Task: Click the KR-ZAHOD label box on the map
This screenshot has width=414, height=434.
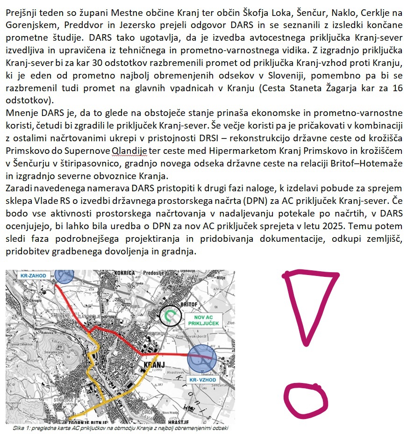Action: (32, 275)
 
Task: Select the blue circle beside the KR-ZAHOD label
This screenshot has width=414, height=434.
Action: (64, 275)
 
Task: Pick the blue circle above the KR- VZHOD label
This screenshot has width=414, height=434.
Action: (202, 358)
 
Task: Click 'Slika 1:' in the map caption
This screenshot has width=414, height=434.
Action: (22, 427)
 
